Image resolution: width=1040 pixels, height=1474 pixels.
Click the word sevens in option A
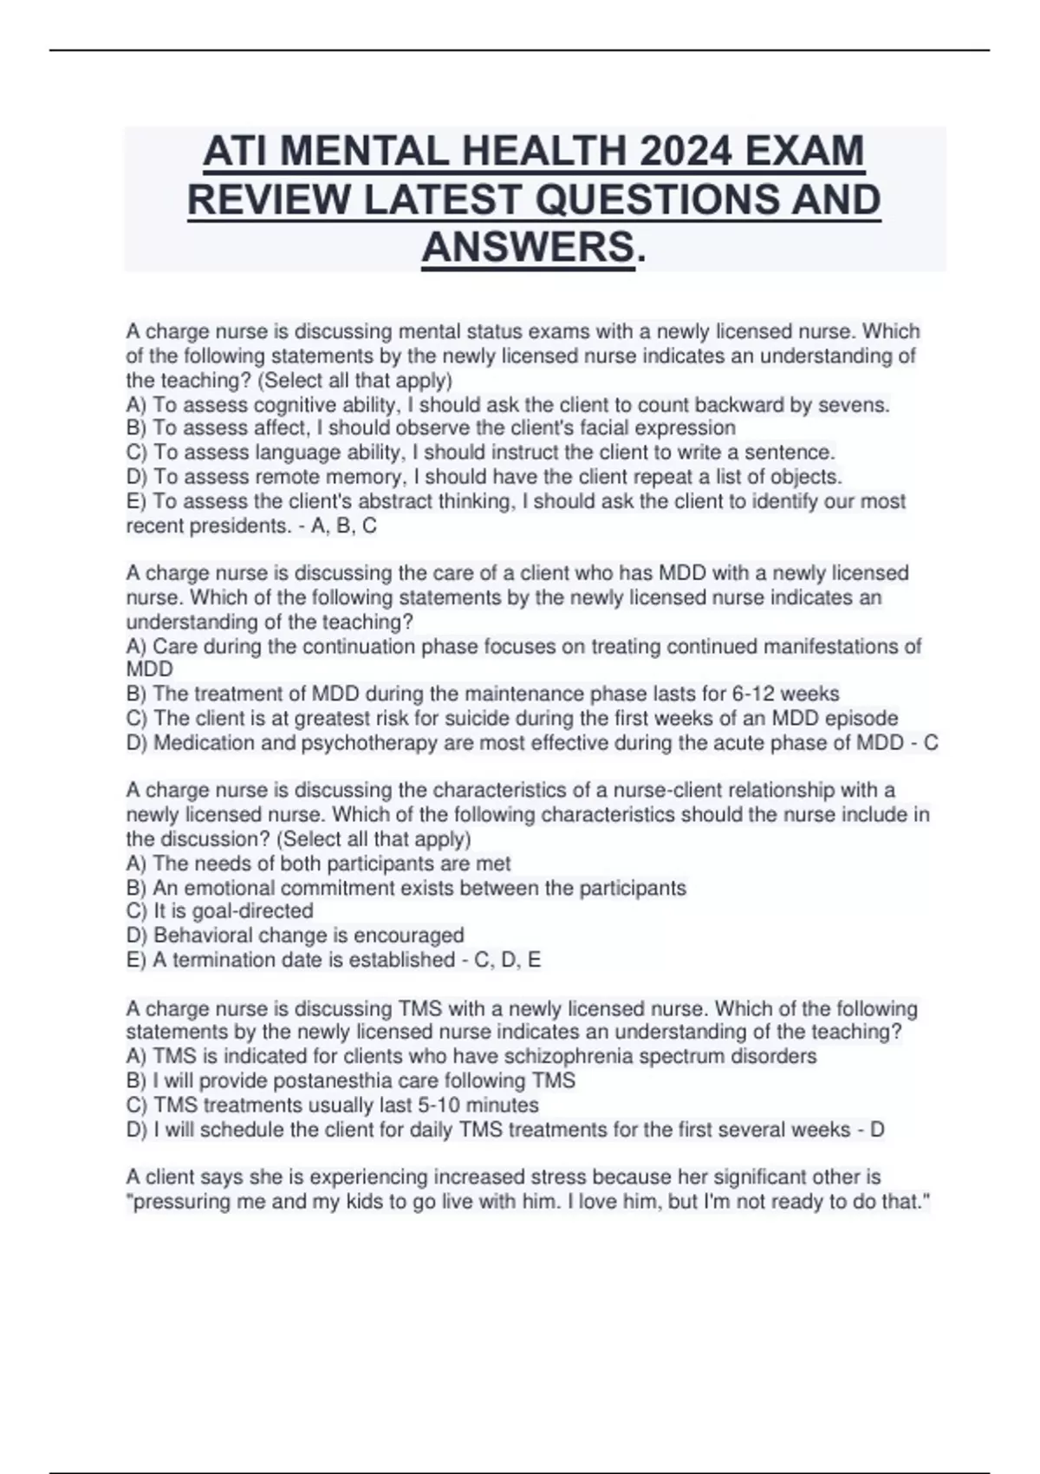pos(857,405)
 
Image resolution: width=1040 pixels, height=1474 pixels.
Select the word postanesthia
pos(329,1080)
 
